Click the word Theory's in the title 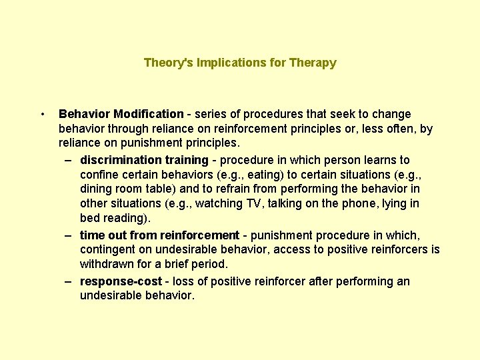(164, 63)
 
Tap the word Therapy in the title (313, 63)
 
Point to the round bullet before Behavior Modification (42, 114)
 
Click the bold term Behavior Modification (121, 114)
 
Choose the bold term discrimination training (144, 160)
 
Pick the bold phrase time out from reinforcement (159, 235)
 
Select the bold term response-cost (120, 281)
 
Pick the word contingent (105, 250)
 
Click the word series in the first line (210, 114)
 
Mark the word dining (95, 189)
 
